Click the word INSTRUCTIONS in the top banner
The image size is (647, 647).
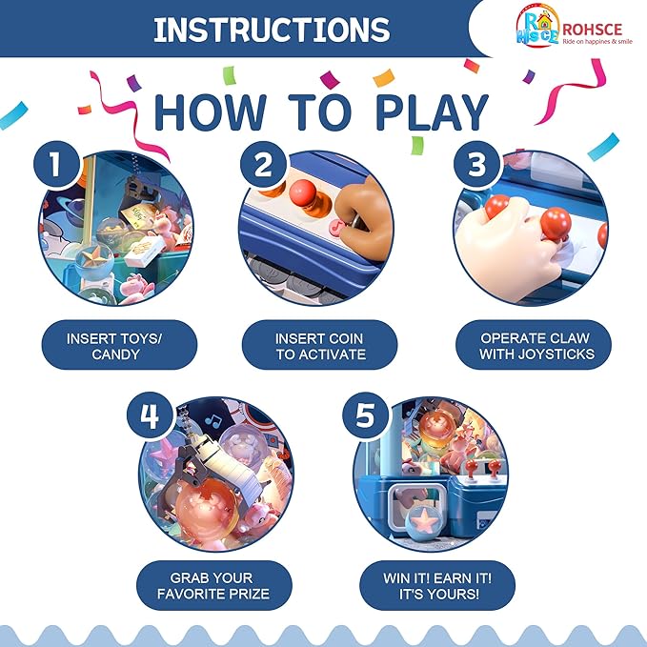[272, 30]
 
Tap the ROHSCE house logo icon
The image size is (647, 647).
[537, 26]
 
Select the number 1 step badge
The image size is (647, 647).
[56, 164]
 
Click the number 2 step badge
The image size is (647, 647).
[263, 164]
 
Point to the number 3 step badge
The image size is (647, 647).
[476, 164]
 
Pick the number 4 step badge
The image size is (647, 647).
[150, 414]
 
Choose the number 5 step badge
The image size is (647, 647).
[365, 414]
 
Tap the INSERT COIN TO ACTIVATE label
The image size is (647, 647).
[319, 345]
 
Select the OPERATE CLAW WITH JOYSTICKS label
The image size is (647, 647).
[534, 345]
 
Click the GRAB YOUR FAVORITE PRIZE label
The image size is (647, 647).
[214, 585]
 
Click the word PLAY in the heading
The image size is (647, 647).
[432, 111]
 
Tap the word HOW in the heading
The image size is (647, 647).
[210, 112]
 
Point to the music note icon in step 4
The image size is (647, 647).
[213, 421]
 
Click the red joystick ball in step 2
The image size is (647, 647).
[303, 191]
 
